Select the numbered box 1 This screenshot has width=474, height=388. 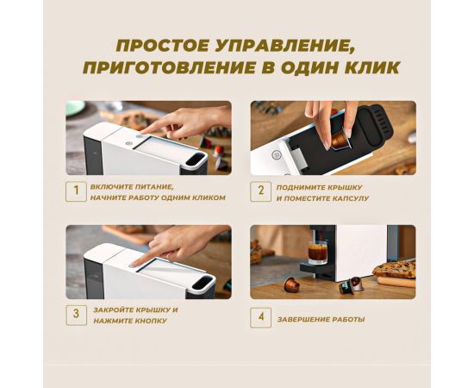click(76, 191)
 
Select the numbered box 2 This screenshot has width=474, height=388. click(260, 191)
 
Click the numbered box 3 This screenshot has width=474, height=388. click(76, 315)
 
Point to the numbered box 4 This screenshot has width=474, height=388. click(260, 317)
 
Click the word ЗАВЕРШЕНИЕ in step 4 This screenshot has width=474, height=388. click(303, 319)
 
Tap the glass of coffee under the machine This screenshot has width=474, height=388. click(317, 253)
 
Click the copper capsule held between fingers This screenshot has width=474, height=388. click(340, 140)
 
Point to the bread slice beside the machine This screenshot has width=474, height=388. click(394, 270)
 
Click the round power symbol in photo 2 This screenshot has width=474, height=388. click(276, 154)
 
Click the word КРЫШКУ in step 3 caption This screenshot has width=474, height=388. click(153, 310)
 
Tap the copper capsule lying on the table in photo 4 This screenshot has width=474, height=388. click(291, 285)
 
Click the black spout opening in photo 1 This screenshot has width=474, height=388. click(196, 160)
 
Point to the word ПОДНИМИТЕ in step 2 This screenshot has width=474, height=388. click(298, 187)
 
